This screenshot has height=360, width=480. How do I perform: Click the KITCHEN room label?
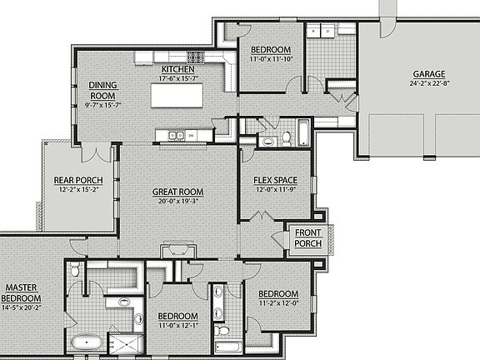click(x=177, y=69)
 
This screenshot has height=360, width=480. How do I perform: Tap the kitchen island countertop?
click(x=176, y=96)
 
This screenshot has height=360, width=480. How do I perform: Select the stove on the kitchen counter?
click(x=196, y=57)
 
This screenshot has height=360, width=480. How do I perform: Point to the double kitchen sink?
click(x=176, y=135)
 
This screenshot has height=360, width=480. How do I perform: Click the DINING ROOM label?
click(x=104, y=89)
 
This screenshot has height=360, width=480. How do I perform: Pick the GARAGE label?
click(x=427, y=73)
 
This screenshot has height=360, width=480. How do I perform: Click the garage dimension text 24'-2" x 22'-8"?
click(x=427, y=83)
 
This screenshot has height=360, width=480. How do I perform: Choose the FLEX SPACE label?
click(x=275, y=181)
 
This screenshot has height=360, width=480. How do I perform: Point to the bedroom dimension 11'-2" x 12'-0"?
click(x=277, y=302)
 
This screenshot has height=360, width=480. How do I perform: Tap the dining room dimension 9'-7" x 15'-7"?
click(x=104, y=105)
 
